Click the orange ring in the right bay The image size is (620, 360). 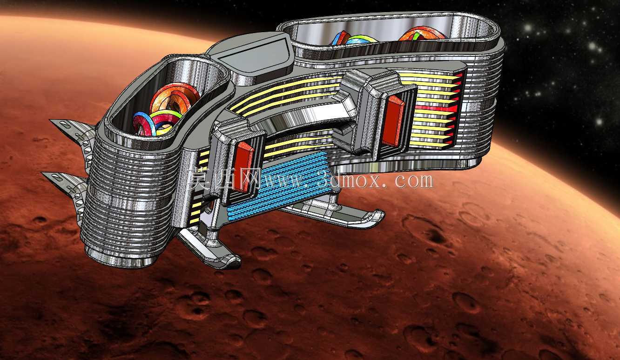pyautogui.click(x=422, y=34)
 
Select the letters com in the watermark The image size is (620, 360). pyautogui.click(x=414, y=181)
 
